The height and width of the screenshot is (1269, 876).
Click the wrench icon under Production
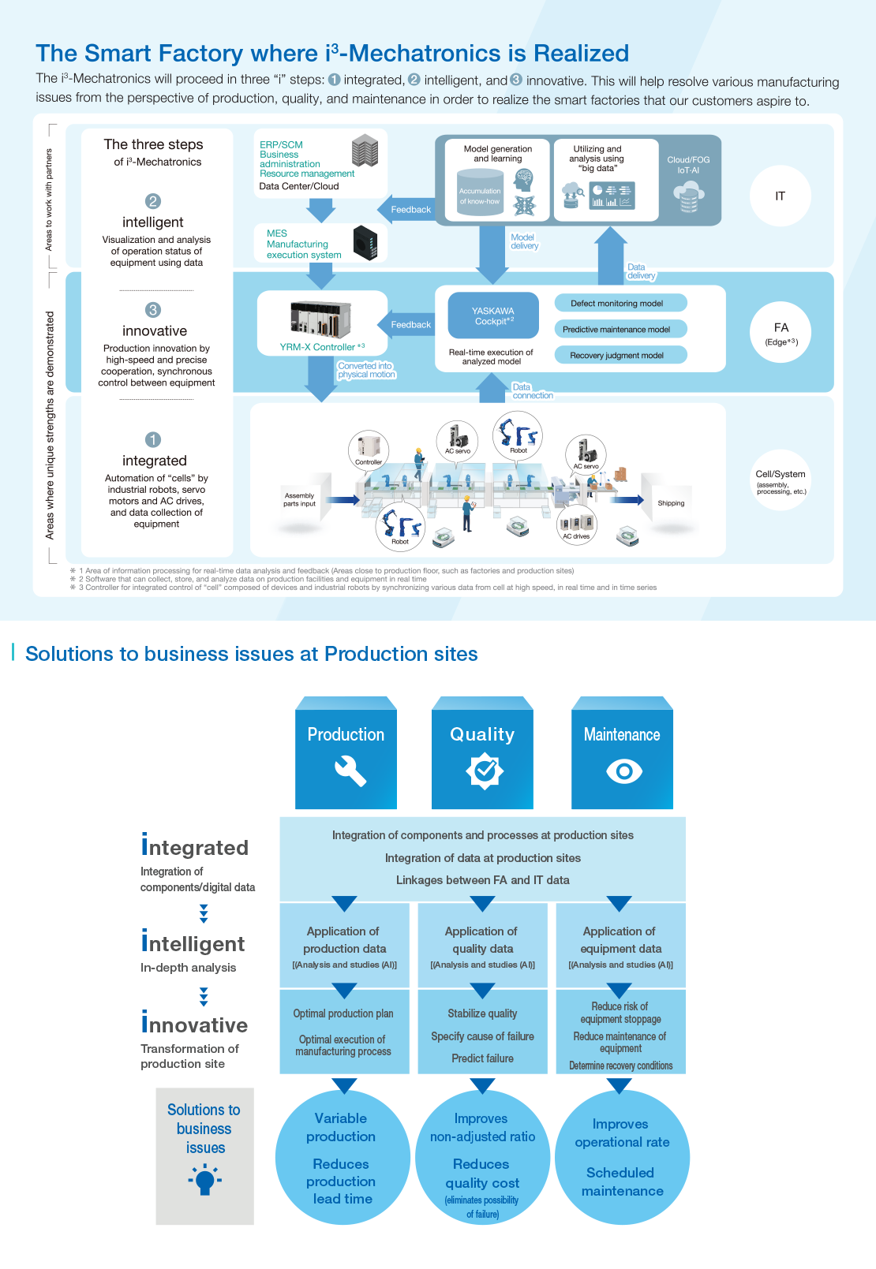[350, 771]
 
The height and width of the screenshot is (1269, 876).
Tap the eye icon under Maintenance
[623, 771]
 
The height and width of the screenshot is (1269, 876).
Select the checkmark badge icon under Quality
[484, 771]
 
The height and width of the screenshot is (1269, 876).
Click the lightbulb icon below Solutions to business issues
[204, 1181]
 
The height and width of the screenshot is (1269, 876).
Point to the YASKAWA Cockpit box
[493, 315]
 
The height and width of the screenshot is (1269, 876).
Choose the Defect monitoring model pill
[620, 303]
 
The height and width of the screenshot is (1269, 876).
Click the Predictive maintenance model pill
[620, 329]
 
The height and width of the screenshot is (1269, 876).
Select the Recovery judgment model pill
[620, 355]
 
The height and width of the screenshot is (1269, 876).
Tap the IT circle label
[780, 196]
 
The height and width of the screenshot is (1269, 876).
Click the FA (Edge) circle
[781, 332]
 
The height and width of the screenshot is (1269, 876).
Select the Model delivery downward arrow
[492, 254]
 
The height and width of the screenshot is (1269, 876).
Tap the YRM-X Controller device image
[320, 319]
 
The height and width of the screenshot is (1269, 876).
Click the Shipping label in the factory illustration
[671, 503]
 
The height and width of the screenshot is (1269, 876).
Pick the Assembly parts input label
[299, 500]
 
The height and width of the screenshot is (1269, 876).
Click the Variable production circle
[342, 1158]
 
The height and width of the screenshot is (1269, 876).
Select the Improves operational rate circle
[622, 1158]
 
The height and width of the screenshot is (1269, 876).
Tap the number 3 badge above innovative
[153, 310]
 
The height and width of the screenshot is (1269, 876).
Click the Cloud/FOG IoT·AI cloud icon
[688, 196]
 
